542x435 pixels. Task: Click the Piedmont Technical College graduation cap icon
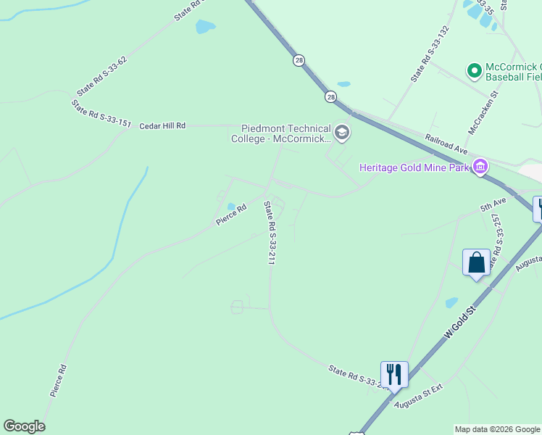(x=342, y=133)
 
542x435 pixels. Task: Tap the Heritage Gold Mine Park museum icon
(x=480, y=167)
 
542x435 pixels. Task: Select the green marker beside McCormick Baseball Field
(x=475, y=70)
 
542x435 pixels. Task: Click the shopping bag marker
(x=476, y=262)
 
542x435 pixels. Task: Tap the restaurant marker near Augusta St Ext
(x=394, y=374)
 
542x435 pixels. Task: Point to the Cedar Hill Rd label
(x=162, y=125)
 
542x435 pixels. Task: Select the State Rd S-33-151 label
(x=101, y=114)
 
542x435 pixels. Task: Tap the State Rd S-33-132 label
(x=430, y=54)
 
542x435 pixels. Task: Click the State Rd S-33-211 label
(x=270, y=233)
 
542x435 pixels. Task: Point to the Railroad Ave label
(x=446, y=144)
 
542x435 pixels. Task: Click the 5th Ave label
(x=493, y=206)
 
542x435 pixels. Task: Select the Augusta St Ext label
(x=418, y=397)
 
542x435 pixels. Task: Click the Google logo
(x=24, y=426)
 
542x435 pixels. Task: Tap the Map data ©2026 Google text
(x=497, y=429)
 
